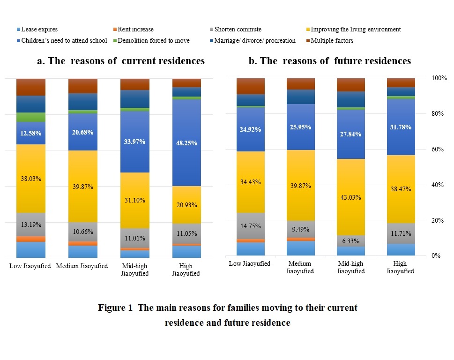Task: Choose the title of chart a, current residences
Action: point(120,61)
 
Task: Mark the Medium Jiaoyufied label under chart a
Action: point(82,266)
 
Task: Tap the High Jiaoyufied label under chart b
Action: point(401,267)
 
